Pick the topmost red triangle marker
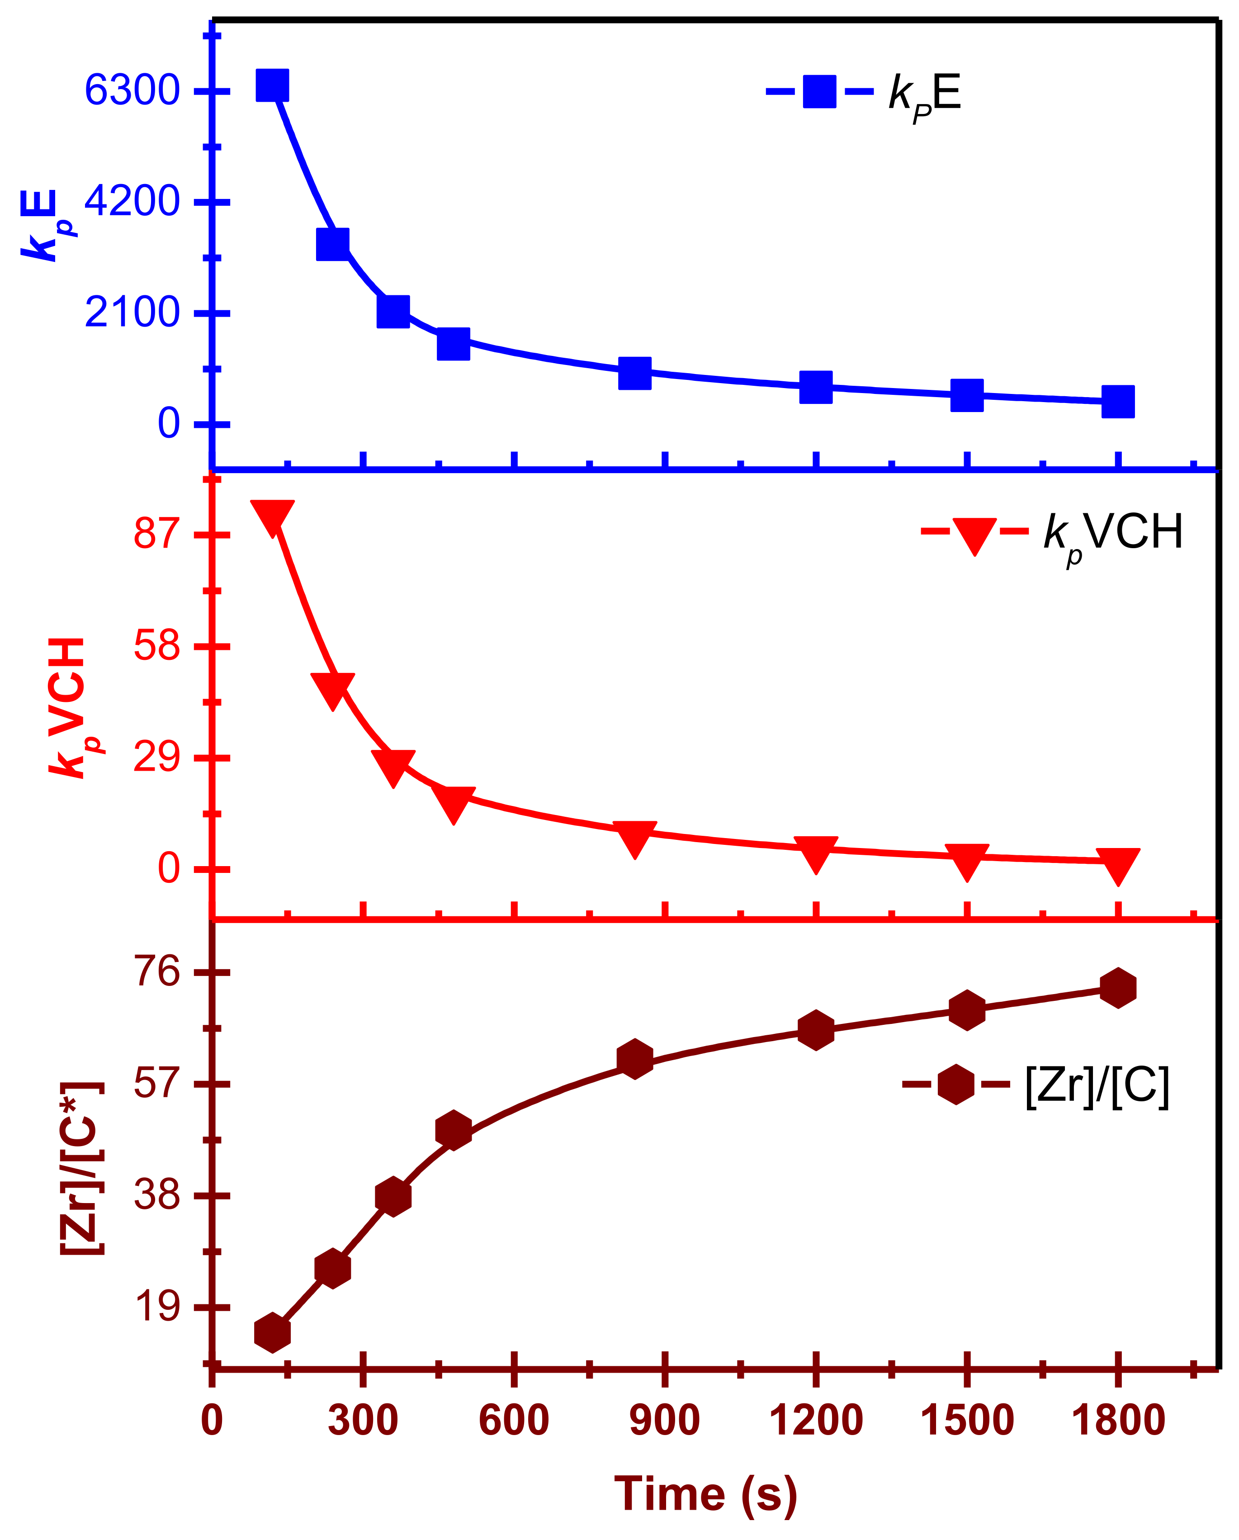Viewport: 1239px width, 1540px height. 272,516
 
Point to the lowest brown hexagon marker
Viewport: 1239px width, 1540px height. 272,1332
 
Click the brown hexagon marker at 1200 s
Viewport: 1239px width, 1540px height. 816,1029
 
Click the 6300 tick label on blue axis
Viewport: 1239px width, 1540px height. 132,91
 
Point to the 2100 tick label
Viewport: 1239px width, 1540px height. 132,313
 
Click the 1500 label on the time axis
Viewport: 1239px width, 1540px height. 966,1421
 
